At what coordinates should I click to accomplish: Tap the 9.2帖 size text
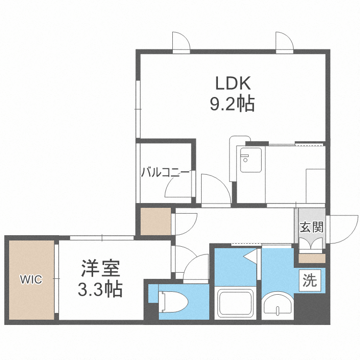coord(233,104)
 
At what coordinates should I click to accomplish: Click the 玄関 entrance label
coord(311,227)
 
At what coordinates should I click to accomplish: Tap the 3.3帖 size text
coord(100,289)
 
